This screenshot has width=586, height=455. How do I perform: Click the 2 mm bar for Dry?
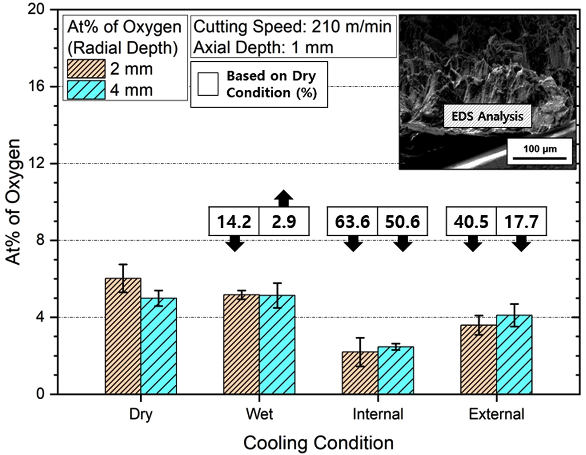(123, 336)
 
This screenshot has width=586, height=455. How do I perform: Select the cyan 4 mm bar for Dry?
(159, 346)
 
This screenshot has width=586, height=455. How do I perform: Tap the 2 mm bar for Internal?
(360, 373)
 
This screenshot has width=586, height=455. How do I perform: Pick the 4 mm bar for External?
(514, 354)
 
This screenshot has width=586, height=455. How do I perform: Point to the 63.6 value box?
(352, 221)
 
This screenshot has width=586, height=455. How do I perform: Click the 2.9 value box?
(284, 221)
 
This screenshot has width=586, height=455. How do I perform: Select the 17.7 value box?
(521, 221)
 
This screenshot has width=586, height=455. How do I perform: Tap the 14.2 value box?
(234, 221)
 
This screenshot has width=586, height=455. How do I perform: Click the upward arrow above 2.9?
(284, 198)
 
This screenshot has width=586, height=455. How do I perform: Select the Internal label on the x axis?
(378, 414)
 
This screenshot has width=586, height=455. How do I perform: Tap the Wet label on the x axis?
(259, 414)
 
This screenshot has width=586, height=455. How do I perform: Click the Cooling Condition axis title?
(318, 443)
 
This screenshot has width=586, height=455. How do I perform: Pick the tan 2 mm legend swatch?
(86, 69)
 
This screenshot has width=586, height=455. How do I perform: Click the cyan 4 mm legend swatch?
(86, 90)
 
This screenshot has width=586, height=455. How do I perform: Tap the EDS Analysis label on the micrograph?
(487, 116)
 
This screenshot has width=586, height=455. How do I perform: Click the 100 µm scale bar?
(540, 158)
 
